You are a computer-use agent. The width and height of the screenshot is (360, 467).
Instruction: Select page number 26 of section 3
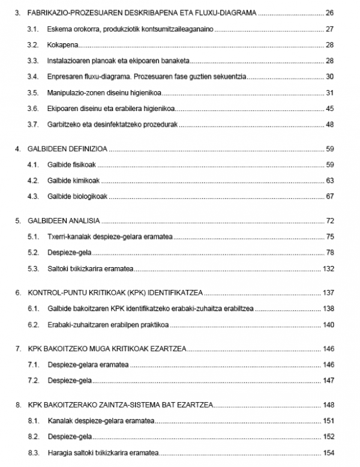329,12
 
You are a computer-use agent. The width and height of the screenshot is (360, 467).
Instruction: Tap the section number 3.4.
34,77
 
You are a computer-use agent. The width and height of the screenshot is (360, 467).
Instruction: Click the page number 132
328,268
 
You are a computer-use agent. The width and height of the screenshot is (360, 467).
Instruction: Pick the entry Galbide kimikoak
74,180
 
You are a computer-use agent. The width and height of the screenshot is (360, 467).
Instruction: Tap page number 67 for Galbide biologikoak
329,196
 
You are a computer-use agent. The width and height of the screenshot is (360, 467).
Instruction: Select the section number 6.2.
34,325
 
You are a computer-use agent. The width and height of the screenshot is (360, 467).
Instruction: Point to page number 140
328,325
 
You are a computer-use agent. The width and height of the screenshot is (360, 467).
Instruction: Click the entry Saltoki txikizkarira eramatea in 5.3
90,268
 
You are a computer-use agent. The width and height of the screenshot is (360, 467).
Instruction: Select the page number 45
329,109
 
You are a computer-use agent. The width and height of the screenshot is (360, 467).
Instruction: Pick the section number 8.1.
34,420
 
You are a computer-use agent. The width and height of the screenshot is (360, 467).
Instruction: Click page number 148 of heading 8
328,405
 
